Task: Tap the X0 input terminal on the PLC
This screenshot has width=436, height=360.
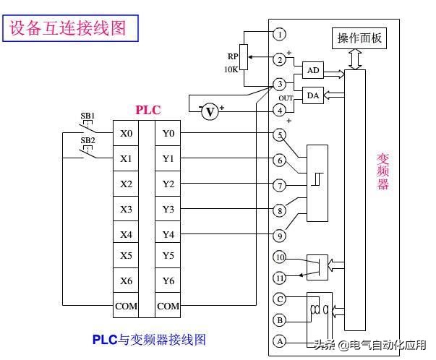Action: [x=126, y=134]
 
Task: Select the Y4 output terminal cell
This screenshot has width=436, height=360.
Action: [x=168, y=234]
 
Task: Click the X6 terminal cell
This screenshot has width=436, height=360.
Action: [x=126, y=280]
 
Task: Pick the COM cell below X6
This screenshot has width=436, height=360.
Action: [x=126, y=306]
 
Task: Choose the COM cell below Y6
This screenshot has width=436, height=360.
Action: [x=168, y=306]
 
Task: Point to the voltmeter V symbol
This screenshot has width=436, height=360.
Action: [x=210, y=111]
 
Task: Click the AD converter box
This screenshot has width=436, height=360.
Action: [x=312, y=70]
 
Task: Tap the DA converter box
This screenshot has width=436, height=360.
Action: [x=312, y=96]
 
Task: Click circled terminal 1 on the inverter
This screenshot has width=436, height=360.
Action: [x=280, y=34]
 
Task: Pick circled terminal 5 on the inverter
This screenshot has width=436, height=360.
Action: [x=280, y=134]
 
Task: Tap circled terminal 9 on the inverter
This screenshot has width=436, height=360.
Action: [x=280, y=235]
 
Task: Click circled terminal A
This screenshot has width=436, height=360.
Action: [x=280, y=340]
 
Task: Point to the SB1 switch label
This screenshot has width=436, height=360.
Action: [x=87, y=116]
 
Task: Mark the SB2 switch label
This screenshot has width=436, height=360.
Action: [x=87, y=140]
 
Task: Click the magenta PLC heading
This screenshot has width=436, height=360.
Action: [x=148, y=111]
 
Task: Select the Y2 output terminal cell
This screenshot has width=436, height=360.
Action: [x=168, y=184]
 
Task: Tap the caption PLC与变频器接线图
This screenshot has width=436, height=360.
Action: [x=149, y=338]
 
